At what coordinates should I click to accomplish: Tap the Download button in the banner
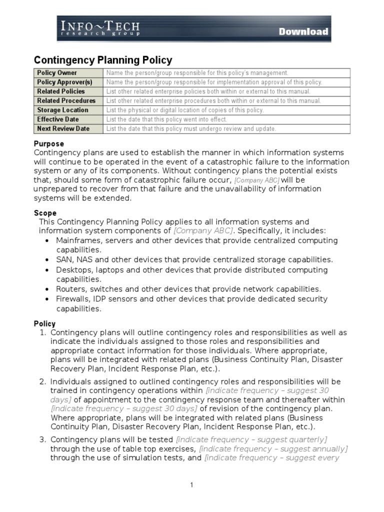303,31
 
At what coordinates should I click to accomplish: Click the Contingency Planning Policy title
102,60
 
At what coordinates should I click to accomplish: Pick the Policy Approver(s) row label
64,82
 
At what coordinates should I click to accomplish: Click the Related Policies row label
61,91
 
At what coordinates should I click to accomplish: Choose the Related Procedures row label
66,100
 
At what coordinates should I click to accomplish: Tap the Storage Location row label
62,110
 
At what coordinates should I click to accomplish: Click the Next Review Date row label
63,128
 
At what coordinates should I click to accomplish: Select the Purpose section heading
48,144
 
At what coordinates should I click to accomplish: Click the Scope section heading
45,213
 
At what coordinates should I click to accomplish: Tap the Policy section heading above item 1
44,323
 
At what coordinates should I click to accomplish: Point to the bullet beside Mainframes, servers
46,240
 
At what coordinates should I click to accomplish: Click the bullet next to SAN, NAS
46,260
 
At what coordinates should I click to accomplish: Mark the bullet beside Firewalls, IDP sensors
46,299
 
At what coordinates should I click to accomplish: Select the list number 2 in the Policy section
42,381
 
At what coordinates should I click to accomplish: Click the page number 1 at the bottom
191,484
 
